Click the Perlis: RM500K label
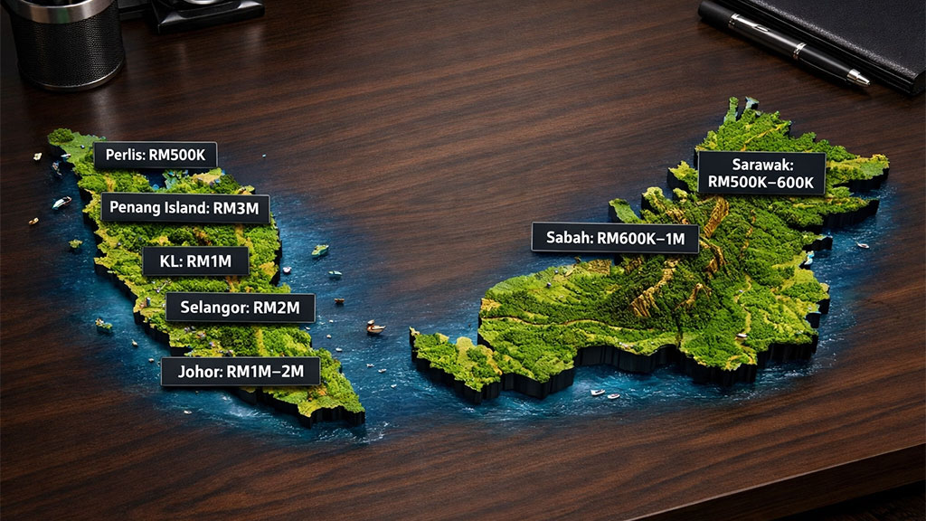(156, 156)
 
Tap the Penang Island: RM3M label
(184, 208)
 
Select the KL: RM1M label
(195, 261)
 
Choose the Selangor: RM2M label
(240, 308)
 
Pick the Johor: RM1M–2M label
(240, 372)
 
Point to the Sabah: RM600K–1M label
(615, 239)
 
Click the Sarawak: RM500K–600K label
(761, 174)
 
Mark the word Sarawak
(761, 165)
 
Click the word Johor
(193, 372)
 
